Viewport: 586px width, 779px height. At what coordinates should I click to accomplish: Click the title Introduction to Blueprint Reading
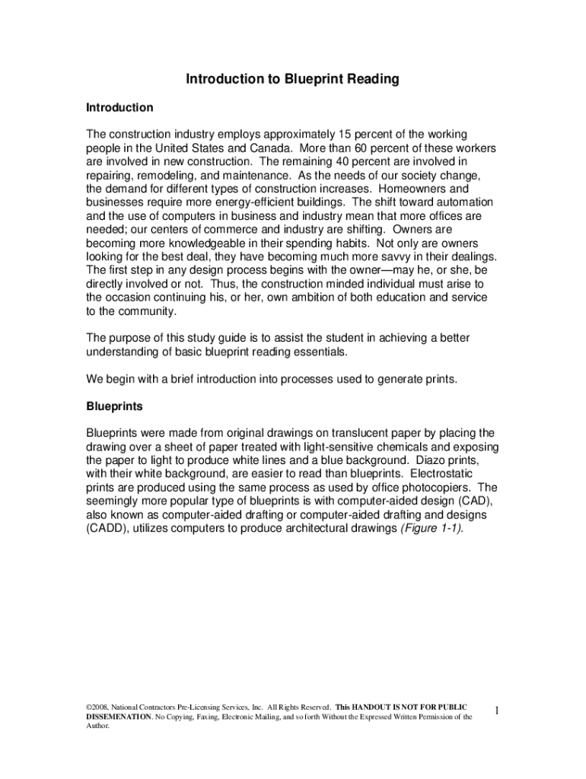[293, 79]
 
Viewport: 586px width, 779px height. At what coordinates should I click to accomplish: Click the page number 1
[495, 711]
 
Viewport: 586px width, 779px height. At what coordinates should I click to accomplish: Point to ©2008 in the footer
[99, 707]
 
